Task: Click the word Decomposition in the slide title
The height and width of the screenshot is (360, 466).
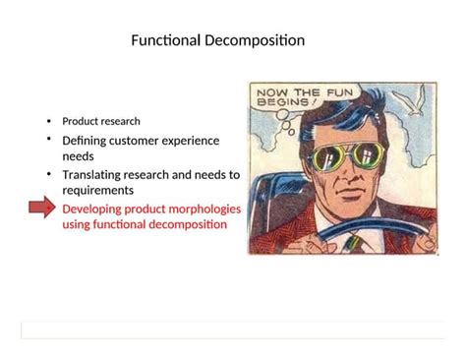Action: point(254,40)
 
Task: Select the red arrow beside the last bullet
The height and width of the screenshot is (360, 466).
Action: point(42,209)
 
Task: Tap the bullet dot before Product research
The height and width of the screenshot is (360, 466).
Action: point(48,121)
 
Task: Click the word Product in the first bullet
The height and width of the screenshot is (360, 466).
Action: point(80,121)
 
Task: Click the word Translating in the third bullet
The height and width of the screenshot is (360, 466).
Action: point(94,174)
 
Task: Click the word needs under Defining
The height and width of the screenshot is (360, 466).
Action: point(78,156)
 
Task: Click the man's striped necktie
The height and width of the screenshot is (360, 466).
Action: point(353,242)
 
